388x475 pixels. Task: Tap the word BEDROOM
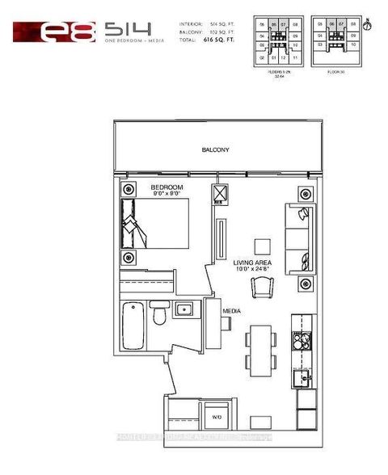(167, 188)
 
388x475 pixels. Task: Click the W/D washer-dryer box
(216, 417)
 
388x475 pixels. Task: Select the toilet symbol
(161, 315)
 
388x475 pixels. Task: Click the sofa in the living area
(297, 238)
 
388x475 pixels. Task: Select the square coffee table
(261, 246)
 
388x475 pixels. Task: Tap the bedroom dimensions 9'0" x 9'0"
(167, 195)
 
